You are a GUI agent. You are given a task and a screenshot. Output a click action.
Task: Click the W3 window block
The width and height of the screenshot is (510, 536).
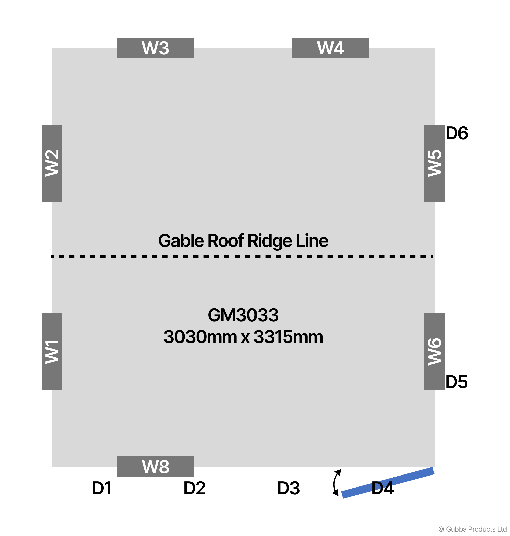pos(155,48)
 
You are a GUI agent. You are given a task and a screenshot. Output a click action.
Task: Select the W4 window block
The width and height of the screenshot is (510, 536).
pos(330,48)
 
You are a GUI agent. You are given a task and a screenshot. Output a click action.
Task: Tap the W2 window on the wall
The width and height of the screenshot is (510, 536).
pos(52,163)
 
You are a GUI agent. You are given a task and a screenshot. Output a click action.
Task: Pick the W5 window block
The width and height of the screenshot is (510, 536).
pos(434,163)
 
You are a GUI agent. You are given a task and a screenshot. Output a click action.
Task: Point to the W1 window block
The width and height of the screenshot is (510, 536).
pos(52,351)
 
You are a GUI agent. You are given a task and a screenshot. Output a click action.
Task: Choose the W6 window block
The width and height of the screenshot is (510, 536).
pos(434,351)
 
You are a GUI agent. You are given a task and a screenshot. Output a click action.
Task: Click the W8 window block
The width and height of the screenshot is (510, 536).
pos(155,466)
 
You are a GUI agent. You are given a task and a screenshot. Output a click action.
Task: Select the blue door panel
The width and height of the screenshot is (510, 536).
pos(388,483)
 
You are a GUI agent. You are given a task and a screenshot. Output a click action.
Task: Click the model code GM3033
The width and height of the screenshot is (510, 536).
pos(243,315)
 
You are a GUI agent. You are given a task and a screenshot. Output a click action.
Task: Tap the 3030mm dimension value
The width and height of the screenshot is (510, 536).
pos(200,337)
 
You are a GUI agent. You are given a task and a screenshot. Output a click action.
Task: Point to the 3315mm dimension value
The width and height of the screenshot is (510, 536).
pos(288,337)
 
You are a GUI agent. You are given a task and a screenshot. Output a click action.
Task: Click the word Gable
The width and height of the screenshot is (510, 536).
pos(181,241)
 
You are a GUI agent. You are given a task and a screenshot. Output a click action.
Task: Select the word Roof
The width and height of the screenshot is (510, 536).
pos(226,241)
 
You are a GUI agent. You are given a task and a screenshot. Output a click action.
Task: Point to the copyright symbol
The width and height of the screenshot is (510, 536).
pos(441,529)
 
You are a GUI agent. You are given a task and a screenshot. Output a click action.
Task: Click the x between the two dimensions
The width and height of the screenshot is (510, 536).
pos(245,337)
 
